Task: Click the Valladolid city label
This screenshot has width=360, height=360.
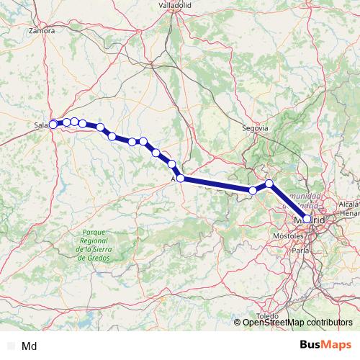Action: (174, 4)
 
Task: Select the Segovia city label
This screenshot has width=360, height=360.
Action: (256, 128)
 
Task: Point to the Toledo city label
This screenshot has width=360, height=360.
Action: (267, 316)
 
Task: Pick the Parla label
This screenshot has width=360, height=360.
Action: (302, 251)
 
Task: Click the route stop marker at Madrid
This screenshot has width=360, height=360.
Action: (307, 219)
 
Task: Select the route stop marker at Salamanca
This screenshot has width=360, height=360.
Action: (53, 125)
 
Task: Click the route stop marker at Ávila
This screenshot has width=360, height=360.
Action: (181, 178)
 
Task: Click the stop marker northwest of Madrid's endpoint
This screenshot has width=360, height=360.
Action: (269, 184)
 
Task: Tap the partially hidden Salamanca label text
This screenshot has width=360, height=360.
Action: (40, 125)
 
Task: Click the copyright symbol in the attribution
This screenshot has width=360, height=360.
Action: (238, 323)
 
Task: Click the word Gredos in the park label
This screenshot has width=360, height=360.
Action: (107, 256)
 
